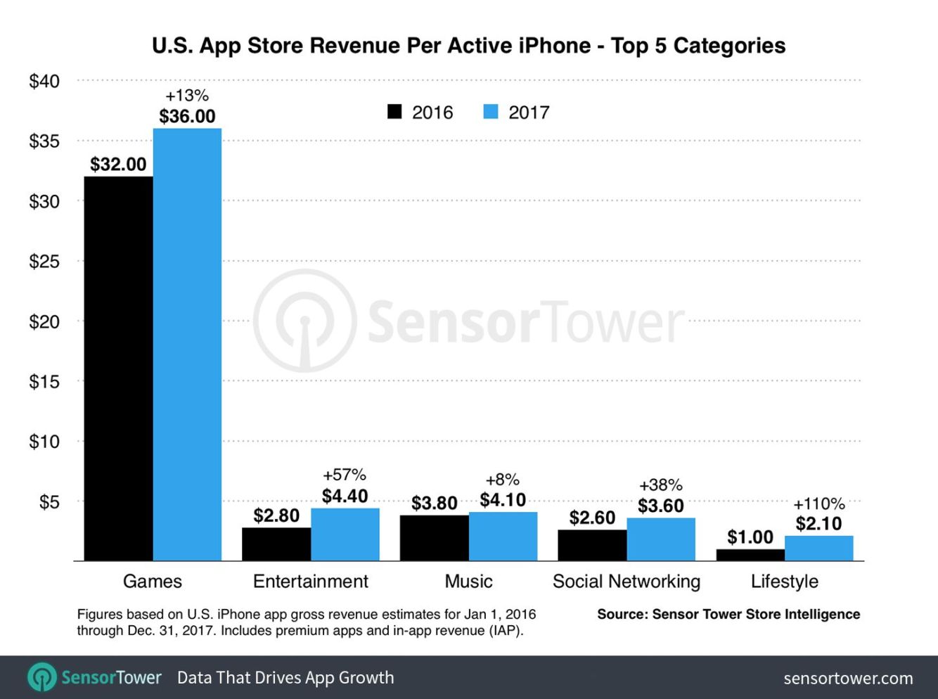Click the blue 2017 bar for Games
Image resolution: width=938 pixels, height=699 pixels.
187,344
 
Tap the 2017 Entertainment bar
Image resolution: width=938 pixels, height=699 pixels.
345,534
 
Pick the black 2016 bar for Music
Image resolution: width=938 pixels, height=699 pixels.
434,538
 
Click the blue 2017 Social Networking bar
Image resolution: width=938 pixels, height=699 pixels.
660,539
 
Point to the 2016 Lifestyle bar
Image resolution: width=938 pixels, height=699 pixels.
750,555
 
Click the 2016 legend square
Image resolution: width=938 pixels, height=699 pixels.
395,112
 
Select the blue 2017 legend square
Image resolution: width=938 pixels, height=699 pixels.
491,112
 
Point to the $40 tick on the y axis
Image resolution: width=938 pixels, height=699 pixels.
44,81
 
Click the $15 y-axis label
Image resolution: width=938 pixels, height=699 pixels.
44,381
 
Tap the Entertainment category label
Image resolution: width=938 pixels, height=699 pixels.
310,582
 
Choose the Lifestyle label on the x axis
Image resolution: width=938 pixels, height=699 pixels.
784,582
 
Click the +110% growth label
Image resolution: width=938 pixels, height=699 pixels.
818,504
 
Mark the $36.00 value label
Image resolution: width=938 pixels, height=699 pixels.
187,116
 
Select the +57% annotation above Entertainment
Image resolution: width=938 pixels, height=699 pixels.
345,475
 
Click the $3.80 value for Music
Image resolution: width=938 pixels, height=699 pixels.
434,504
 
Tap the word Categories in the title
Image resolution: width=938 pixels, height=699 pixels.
729,46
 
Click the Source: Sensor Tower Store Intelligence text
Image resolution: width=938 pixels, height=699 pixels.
728,614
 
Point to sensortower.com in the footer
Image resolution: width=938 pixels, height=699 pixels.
848,679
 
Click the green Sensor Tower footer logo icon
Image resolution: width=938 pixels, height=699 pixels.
42,678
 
